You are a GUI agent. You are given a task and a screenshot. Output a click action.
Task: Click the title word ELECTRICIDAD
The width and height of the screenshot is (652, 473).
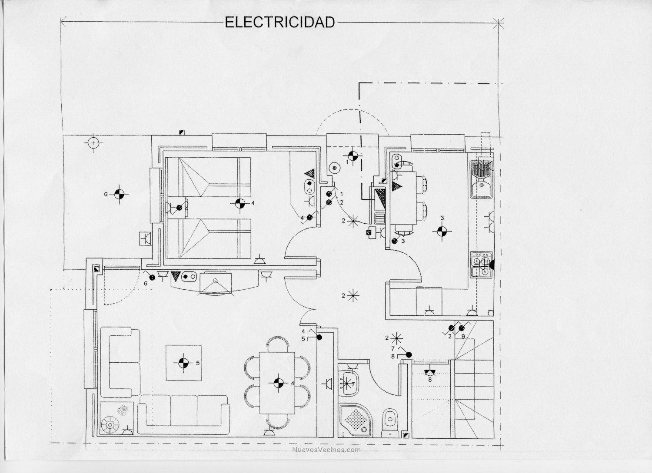click(279, 22)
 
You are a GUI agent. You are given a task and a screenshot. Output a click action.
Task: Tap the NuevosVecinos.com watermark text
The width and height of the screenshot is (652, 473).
click(326, 450)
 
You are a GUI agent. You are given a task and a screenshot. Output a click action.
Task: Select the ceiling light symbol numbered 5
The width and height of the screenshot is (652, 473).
click(184, 363)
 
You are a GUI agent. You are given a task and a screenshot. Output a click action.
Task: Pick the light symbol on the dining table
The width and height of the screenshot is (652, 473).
click(278, 383)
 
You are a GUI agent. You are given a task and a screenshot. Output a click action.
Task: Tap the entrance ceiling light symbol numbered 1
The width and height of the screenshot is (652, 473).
click(353, 155)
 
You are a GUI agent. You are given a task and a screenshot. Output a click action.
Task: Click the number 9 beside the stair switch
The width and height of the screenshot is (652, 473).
click(463, 336)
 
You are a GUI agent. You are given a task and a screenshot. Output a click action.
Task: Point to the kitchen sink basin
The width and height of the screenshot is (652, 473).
click(481, 188)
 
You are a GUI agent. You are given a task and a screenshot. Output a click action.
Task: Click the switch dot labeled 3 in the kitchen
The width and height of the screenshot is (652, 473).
click(394, 241)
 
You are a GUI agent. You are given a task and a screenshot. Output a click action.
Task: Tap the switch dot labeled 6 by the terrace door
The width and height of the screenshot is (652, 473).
click(152, 277)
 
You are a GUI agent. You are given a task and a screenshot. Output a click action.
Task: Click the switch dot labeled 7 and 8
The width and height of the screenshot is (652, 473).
click(409, 355)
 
